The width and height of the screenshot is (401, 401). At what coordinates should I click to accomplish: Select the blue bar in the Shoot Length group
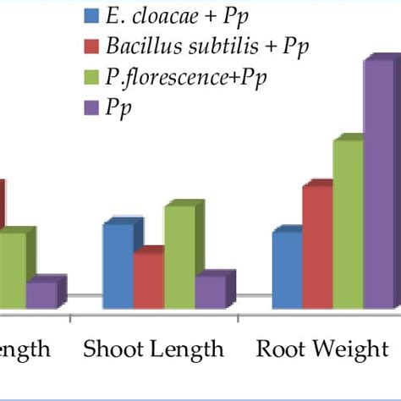[117, 266]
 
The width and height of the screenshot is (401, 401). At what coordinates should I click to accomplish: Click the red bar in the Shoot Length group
[147, 281]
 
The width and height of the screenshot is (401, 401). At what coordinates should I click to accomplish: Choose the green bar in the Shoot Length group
[179, 257]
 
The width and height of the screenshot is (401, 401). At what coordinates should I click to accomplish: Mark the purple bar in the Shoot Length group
[209, 292]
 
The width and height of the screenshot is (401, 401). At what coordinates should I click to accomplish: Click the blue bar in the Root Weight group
[286, 270]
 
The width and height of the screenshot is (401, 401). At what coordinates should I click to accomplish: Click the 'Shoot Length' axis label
[153, 349]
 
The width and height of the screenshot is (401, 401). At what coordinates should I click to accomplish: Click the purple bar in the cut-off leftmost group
[41, 294]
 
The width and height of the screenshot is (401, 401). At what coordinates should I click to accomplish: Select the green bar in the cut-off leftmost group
[11, 271]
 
